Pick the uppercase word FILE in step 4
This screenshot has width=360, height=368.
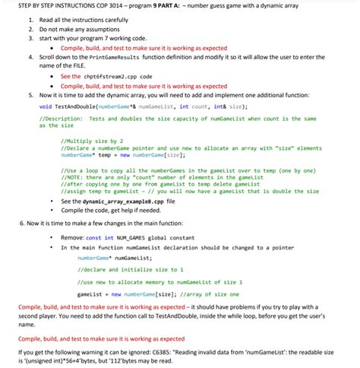68,66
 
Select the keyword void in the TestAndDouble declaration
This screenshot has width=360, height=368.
46,107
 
